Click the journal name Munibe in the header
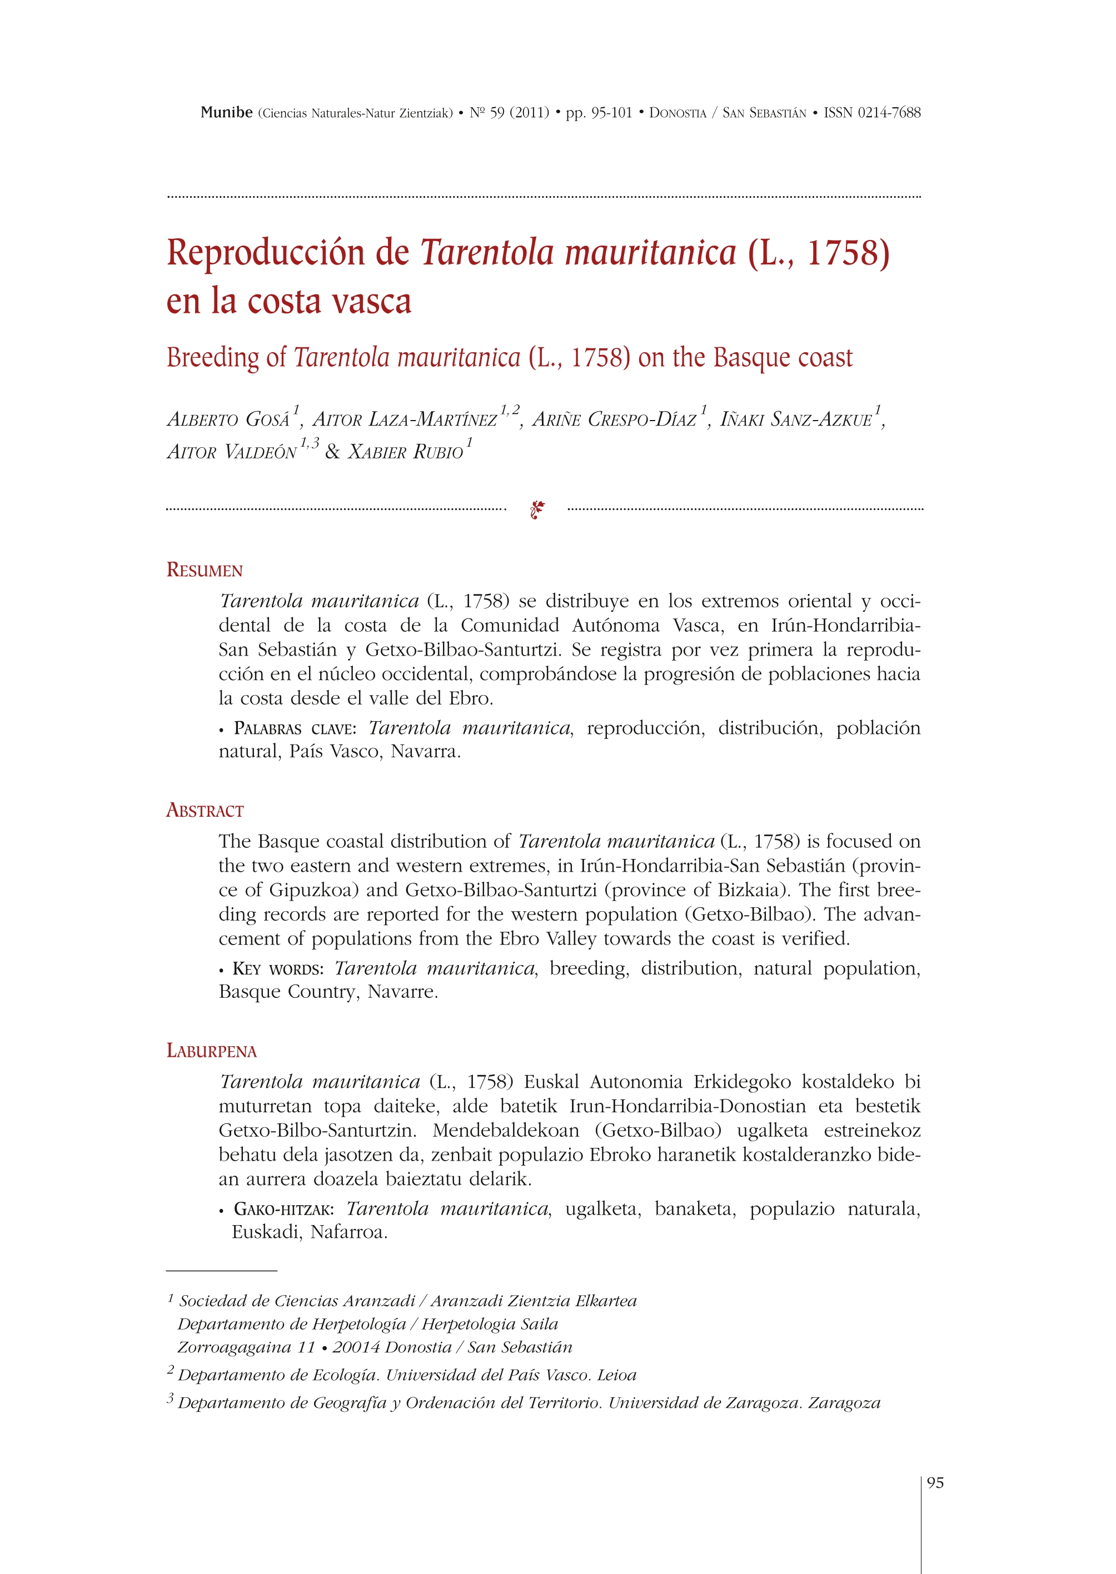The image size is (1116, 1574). (226, 113)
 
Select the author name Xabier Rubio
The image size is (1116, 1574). (406, 452)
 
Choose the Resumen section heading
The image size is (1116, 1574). (205, 570)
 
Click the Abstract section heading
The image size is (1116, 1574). (205, 811)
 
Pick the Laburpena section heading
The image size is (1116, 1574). (212, 1051)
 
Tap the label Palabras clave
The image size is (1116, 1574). (295, 728)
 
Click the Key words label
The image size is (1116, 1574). (278, 969)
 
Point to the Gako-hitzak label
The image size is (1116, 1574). (284, 1209)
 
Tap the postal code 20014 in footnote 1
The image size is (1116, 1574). (357, 1347)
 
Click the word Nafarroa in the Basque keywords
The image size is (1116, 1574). (349, 1232)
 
